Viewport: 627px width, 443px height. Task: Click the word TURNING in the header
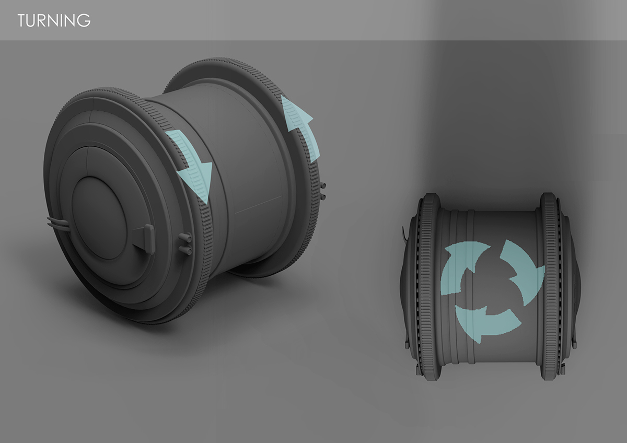(x=54, y=20)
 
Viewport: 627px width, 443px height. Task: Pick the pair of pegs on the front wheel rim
(x=185, y=244)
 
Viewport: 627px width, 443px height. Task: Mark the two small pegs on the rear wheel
(x=323, y=191)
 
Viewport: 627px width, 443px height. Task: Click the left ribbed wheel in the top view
(x=429, y=286)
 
